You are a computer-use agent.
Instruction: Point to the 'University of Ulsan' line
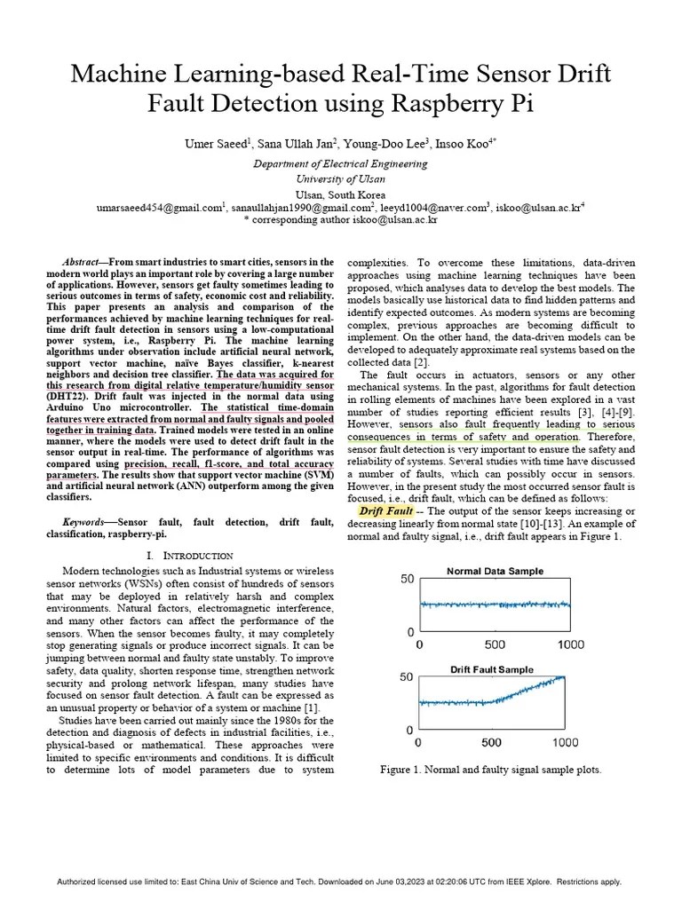click(x=340, y=178)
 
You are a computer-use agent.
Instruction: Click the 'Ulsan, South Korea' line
click(x=340, y=194)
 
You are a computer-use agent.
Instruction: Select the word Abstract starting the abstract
click(x=83, y=263)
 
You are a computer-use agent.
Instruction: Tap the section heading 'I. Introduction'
click(x=189, y=555)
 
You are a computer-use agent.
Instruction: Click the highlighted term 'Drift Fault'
click(x=386, y=512)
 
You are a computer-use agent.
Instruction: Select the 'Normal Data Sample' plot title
click(x=495, y=571)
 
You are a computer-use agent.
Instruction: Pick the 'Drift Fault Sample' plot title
click(x=491, y=669)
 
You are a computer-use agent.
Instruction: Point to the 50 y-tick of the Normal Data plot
click(x=407, y=579)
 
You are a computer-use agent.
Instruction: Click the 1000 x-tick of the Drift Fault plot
click(x=565, y=742)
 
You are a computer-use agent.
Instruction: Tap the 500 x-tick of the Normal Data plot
click(x=494, y=644)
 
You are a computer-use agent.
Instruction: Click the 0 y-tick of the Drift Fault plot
click(x=409, y=730)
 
